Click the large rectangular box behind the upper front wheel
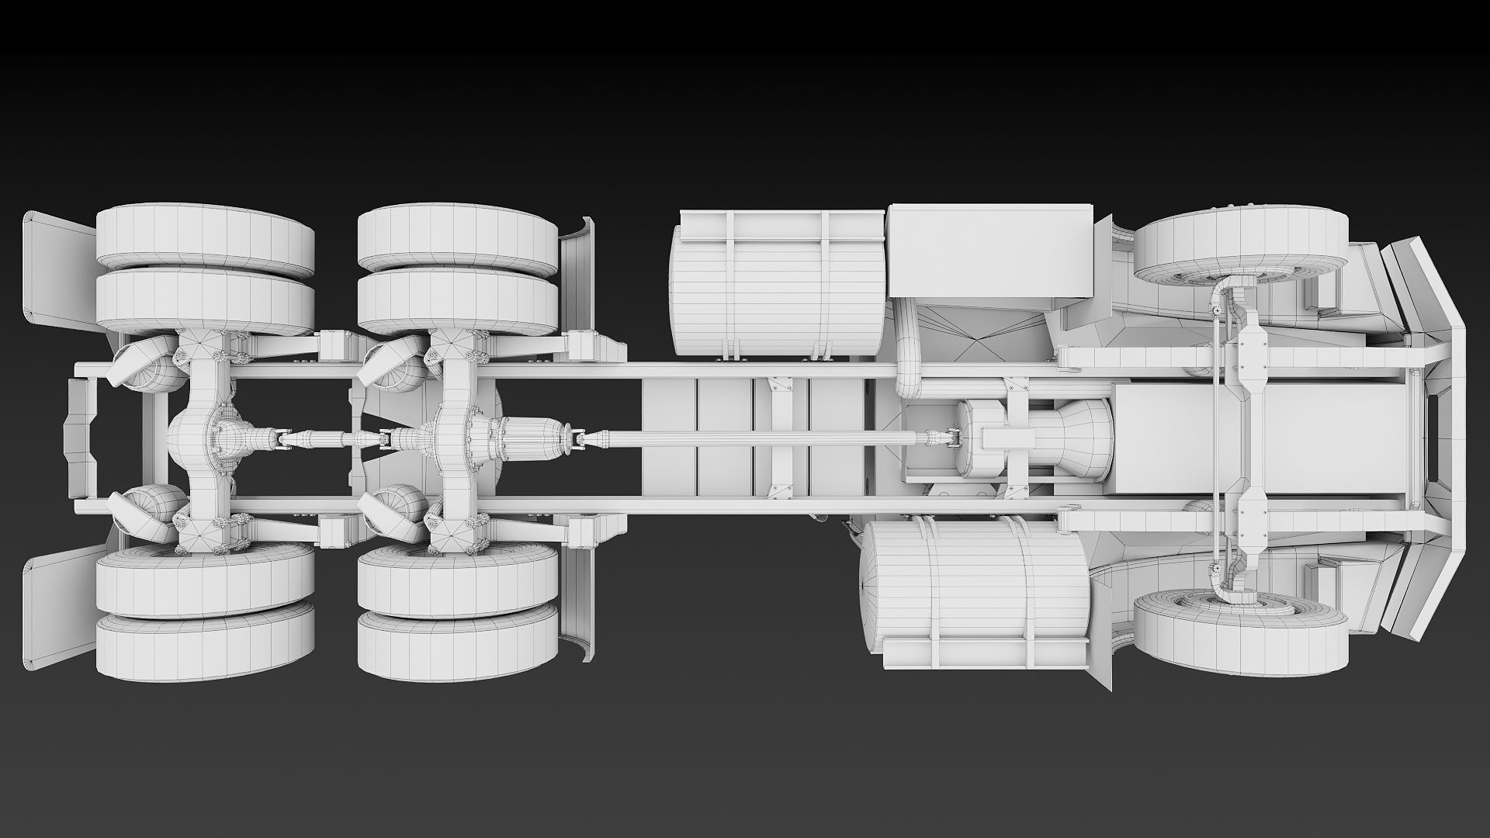pyautogui.click(x=989, y=250)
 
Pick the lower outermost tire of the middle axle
pyautogui.click(x=458, y=646)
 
